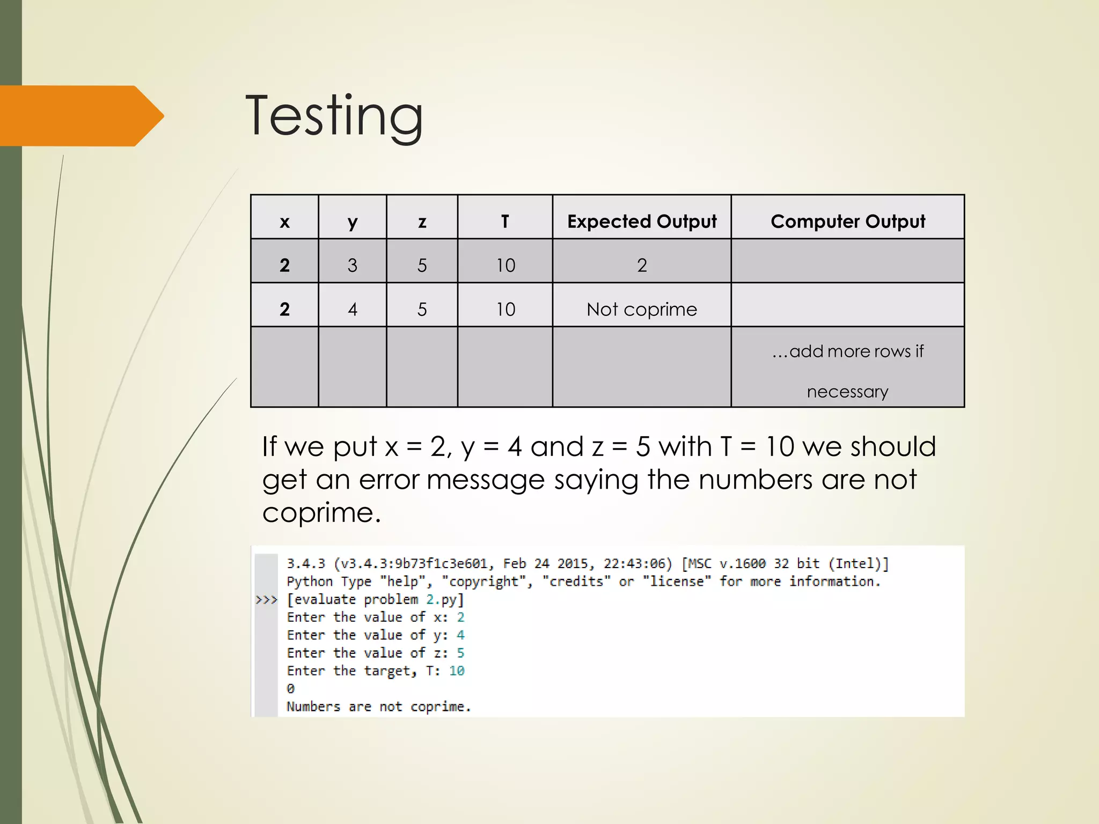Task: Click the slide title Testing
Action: pyautogui.click(x=334, y=116)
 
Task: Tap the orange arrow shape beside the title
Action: pyautogui.click(x=80, y=116)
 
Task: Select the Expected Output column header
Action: pyautogui.click(x=641, y=221)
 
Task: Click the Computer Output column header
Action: pyautogui.click(x=847, y=221)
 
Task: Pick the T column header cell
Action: pyautogui.click(x=504, y=221)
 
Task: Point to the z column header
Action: pyautogui.click(x=422, y=221)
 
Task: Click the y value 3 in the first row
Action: pyautogui.click(x=352, y=265)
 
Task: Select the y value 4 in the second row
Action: pyautogui.click(x=352, y=309)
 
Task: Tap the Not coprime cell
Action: pyautogui.click(x=641, y=309)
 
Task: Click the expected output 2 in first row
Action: pyautogui.click(x=641, y=265)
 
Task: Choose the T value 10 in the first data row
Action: pyautogui.click(x=505, y=265)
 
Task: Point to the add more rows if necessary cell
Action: pyautogui.click(x=847, y=370)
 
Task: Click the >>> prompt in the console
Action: pyautogui.click(x=266, y=599)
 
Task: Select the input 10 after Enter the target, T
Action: pyautogui.click(x=457, y=671)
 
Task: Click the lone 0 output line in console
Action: pyautogui.click(x=290, y=688)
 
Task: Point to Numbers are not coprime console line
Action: pyautogui.click(x=378, y=707)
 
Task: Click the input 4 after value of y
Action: pyautogui.click(x=460, y=635)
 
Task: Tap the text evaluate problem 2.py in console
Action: pyautogui.click(x=375, y=599)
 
